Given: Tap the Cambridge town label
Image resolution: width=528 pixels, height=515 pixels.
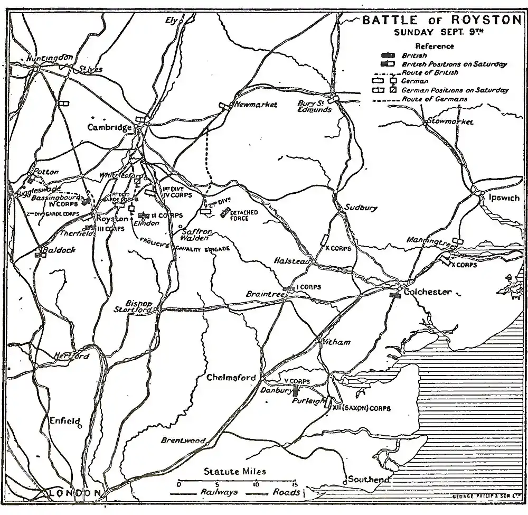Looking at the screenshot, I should [109, 127].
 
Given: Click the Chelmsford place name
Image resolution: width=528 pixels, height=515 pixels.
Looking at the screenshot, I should [232, 378].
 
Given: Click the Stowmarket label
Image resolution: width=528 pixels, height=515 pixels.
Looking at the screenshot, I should [450, 122].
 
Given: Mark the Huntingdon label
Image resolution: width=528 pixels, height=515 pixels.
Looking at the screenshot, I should [51, 58].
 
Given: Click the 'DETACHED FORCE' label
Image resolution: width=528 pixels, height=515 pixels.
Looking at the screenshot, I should [243, 215].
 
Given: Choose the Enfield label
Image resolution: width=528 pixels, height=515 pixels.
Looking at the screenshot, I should [63, 422].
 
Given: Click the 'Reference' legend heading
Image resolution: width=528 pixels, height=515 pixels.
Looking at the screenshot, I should [435, 46].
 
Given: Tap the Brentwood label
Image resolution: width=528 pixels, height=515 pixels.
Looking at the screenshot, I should [183, 440].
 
